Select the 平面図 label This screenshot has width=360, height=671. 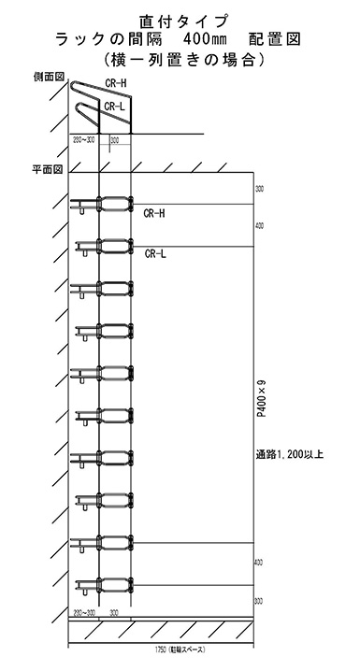(x=47, y=170)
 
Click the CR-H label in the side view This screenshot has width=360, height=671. (x=116, y=83)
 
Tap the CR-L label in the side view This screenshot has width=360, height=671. (x=115, y=107)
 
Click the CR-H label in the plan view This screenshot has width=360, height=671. (x=154, y=213)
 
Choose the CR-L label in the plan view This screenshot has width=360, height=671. (x=155, y=252)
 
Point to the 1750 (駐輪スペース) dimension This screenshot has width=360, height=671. (x=162, y=647)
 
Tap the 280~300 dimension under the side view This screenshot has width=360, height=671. (x=83, y=140)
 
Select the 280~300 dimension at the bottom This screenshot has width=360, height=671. (x=83, y=612)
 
